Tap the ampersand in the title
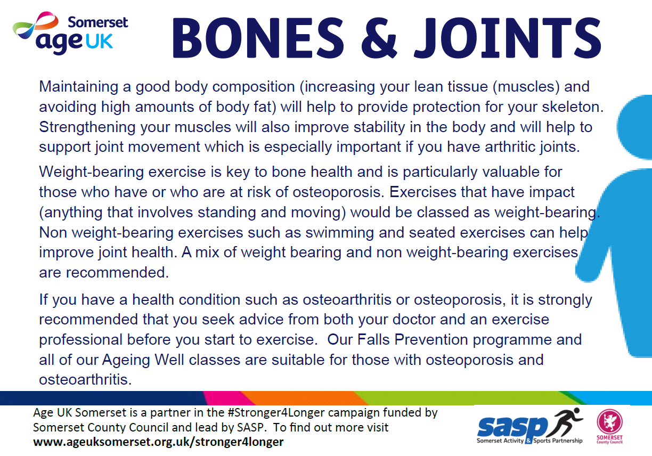click(379, 38)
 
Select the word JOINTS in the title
click(507, 38)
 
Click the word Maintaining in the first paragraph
click(79, 87)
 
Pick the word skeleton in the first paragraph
click(573, 107)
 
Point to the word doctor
click(414, 320)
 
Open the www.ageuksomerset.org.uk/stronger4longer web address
click(158, 442)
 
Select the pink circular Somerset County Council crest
click(609, 422)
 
